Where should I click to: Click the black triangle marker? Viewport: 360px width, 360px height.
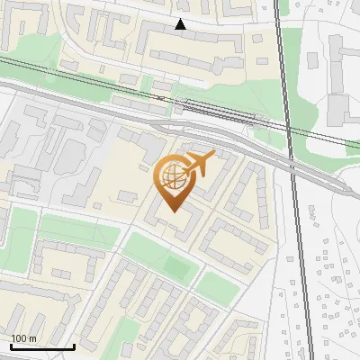[181, 24]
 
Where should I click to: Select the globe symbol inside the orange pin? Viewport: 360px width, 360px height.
[171, 176]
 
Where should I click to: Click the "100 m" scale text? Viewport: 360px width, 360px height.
[23, 338]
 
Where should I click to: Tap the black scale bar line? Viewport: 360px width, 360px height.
[42, 346]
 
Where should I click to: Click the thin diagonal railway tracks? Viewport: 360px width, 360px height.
[108, 85]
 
